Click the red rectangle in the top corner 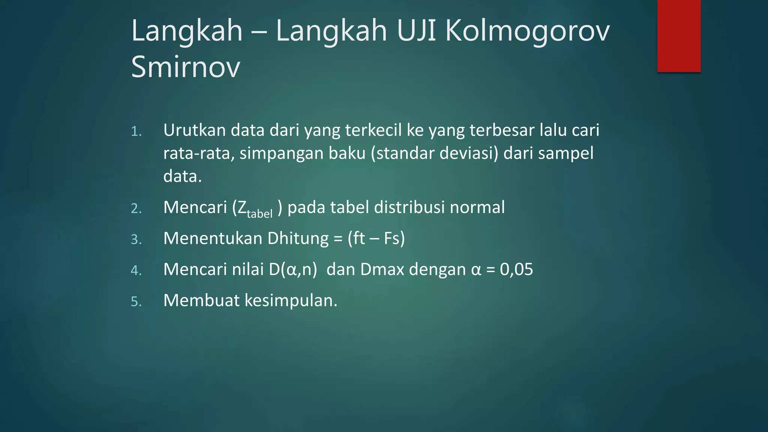point(679,36)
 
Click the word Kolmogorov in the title point(527,31)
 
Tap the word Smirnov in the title point(186,67)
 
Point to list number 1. point(136,132)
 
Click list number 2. point(136,208)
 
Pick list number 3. point(136,240)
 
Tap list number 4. point(136,271)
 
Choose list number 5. point(136,302)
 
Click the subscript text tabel point(259,214)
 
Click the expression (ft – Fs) point(376,238)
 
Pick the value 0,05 point(516,270)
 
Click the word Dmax point(382,270)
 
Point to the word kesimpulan point(291,301)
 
